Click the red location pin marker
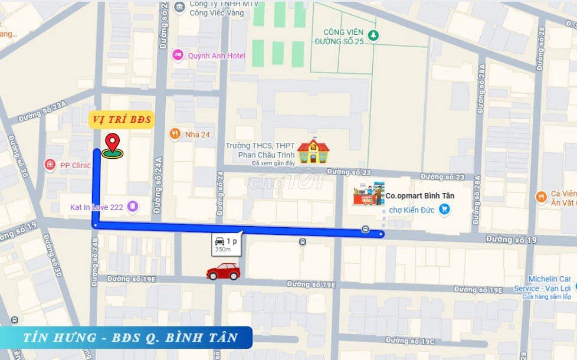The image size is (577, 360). click(x=112, y=145)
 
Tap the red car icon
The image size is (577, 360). click(x=223, y=271)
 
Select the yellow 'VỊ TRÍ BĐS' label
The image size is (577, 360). click(x=122, y=120)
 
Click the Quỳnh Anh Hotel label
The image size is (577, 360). click(x=216, y=55)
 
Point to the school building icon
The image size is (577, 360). click(x=313, y=151)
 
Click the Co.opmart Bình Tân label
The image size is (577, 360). click(x=420, y=195)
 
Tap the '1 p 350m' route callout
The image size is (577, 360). click(x=226, y=243)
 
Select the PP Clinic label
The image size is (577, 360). click(x=74, y=165)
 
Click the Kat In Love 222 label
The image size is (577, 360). click(x=98, y=207)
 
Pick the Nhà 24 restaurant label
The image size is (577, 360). click(x=197, y=134)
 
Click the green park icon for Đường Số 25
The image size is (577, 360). click(x=373, y=35)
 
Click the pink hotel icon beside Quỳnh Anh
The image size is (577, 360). click(x=177, y=55)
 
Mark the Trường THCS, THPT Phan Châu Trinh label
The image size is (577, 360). click(x=258, y=150)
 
